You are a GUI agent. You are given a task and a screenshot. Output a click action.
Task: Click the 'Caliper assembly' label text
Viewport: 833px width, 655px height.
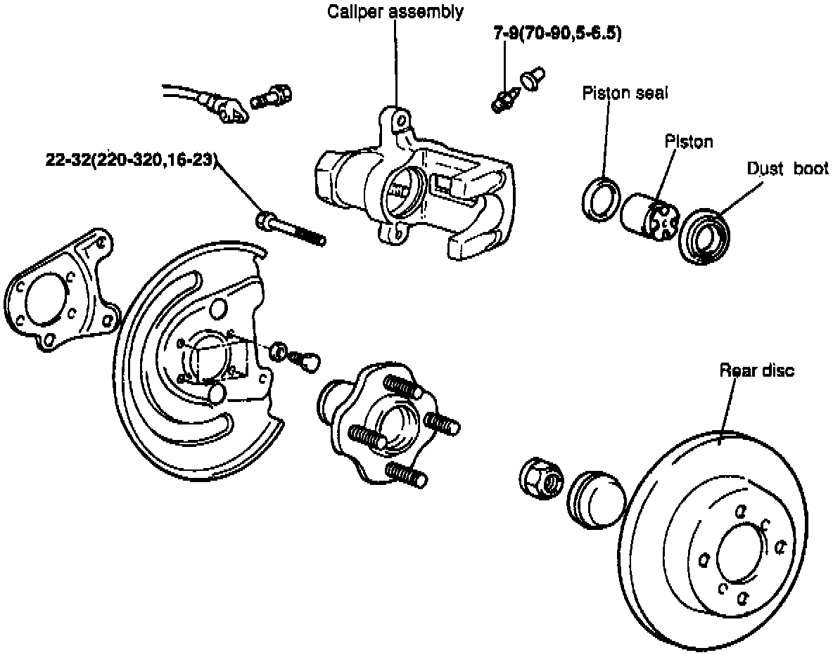click(395, 12)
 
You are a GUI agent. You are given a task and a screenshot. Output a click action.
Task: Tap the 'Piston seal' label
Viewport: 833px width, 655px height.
click(625, 93)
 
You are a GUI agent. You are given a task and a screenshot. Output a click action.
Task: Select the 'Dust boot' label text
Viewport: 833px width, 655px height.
click(787, 169)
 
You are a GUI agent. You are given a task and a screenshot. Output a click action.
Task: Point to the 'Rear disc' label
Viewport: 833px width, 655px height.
click(756, 370)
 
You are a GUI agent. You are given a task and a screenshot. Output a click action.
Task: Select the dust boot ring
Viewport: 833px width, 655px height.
click(707, 235)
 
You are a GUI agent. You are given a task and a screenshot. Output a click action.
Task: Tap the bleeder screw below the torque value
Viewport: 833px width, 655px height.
click(504, 100)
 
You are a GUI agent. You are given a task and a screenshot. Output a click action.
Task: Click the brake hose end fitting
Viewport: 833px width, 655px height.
click(229, 109)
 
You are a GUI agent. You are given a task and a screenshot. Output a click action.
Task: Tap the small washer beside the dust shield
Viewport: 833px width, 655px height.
click(279, 350)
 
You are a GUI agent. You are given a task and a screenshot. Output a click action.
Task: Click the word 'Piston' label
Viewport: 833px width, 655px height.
click(689, 142)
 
